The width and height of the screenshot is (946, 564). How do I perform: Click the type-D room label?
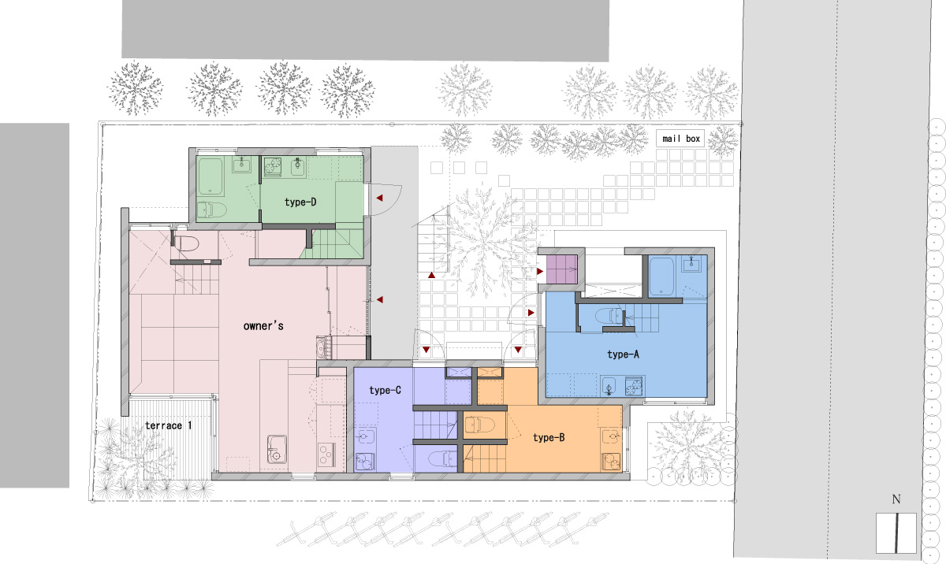tap(300, 202)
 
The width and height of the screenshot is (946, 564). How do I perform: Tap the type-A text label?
tap(623, 354)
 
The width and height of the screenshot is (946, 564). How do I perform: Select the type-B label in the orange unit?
tap(549, 437)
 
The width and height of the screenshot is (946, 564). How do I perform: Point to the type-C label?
tap(385, 390)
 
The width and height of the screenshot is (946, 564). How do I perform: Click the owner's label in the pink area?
tap(263, 325)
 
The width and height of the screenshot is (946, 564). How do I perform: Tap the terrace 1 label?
tap(168, 425)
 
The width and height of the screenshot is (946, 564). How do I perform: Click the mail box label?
tap(681, 139)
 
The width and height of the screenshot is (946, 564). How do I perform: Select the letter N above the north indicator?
tap(896, 499)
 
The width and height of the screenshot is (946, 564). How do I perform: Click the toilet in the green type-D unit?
tap(211, 210)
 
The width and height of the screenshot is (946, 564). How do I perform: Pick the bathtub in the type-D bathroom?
tap(210, 176)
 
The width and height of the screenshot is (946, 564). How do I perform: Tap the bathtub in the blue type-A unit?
tap(661, 276)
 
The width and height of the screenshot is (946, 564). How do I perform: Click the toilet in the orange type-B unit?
tap(479, 425)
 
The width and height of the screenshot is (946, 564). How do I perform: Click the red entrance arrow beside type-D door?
tap(380, 198)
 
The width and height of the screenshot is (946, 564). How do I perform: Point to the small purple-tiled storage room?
tap(561, 269)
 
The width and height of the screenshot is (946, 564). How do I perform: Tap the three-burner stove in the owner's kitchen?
tap(326, 455)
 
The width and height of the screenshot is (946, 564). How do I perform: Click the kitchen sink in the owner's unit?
tap(277, 449)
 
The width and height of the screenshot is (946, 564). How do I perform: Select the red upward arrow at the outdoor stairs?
tap(431, 275)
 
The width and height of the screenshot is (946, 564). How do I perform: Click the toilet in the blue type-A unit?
tap(609, 316)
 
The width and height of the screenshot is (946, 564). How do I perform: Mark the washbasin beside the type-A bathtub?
tap(691, 265)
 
